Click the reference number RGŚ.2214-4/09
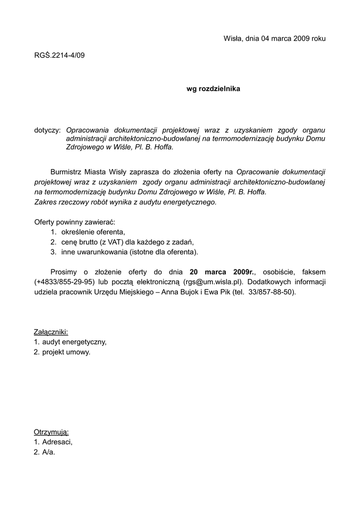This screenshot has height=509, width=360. click(x=59, y=56)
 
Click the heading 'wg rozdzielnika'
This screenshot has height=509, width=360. click(x=213, y=89)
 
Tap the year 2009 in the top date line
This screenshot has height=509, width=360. click(x=302, y=38)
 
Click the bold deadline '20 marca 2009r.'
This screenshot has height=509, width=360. click(x=222, y=272)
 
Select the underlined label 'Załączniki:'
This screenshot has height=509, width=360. click(x=51, y=332)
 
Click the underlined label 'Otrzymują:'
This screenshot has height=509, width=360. click(x=51, y=431)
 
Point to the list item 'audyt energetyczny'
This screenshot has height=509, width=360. click(x=74, y=342)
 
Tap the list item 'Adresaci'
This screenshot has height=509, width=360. click(x=57, y=442)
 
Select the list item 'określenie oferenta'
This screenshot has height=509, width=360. click(x=93, y=232)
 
